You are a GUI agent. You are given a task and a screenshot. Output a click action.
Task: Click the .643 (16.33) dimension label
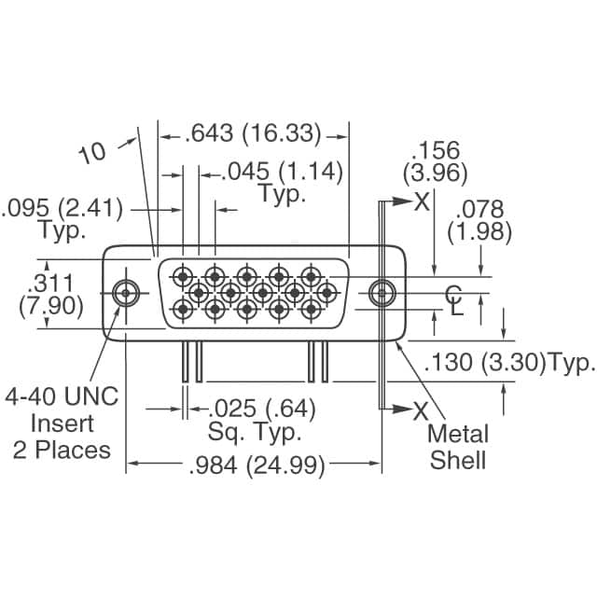coord(254,133)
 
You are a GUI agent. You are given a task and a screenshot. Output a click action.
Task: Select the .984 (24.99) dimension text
coord(257,466)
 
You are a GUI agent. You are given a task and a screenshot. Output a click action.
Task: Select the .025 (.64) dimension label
coord(260,409)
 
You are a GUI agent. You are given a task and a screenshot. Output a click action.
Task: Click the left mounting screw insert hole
coord(124,293)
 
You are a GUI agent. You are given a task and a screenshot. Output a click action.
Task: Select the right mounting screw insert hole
coord(379,293)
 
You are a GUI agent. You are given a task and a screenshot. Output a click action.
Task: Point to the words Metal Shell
coord(457,447)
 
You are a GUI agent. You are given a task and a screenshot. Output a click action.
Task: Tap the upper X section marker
coord(423,201)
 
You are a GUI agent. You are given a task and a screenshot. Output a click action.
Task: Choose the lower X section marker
coord(422,409)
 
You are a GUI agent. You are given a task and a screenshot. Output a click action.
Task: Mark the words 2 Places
coord(62,450)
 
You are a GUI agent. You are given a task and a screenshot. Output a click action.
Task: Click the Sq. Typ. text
coord(253,433)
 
